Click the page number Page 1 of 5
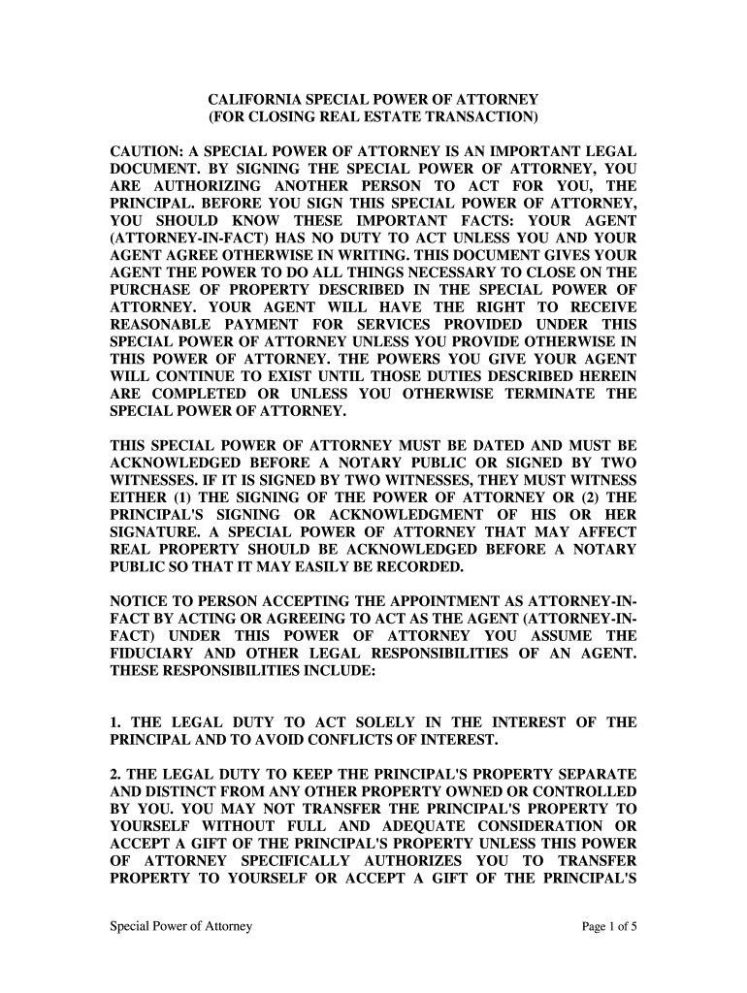coord(608,926)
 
